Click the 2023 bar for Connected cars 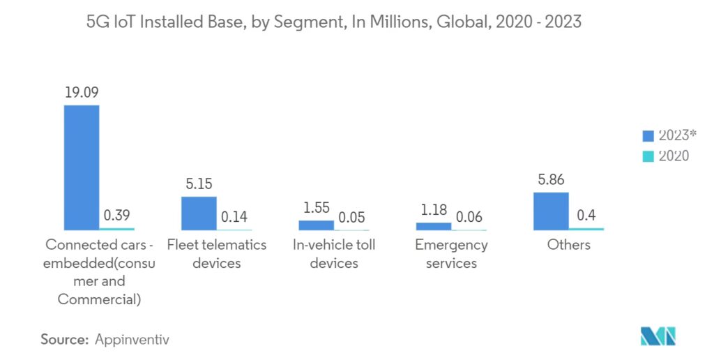[82, 167]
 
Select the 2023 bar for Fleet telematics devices [199, 213]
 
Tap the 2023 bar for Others [551, 211]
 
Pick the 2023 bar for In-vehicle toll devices [316, 225]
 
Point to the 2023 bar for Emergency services [433, 226]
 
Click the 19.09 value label [82, 92]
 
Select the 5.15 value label [199, 184]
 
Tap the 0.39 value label [117, 216]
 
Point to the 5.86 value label [551, 180]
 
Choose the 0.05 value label [351, 218]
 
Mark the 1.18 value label [433, 210]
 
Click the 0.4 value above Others [586, 216]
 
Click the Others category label [569, 245]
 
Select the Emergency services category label [451, 254]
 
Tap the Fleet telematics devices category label [217, 254]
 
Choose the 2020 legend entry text [674, 156]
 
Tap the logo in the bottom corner [657, 336]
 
